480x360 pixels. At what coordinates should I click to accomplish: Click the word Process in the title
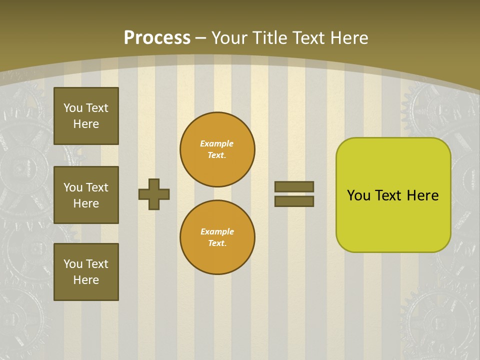(157, 38)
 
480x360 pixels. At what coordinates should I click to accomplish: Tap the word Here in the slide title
(349, 38)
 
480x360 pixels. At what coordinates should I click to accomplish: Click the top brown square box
(86, 116)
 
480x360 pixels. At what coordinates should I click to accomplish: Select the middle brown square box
(86, 195)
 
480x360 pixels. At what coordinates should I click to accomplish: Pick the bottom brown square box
(86, 272)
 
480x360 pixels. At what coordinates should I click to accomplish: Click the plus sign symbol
(154, 194)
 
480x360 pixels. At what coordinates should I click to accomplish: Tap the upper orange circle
(217, 149)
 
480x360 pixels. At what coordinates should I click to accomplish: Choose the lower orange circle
(217, 237)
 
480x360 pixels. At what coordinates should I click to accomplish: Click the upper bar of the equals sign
(294, 186)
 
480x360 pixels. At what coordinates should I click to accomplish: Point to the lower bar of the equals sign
(294, 201)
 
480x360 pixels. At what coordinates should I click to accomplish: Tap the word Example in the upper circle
(217, 144)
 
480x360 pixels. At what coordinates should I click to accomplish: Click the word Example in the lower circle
(217, 232)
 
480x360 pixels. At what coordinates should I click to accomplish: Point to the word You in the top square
(72, 108)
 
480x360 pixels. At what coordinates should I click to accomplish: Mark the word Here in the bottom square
(86, 280)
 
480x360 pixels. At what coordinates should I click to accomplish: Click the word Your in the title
(228, 38)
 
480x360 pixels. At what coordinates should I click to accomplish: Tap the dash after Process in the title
(201, 38)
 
